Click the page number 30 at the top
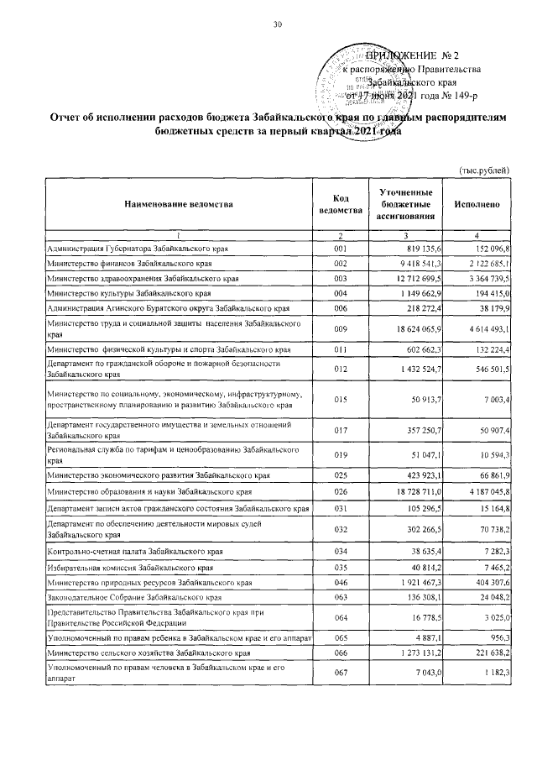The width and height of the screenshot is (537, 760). pos(278,24)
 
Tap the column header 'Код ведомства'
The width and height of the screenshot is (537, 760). pos(340,204)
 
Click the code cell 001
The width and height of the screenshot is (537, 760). pos(340,250)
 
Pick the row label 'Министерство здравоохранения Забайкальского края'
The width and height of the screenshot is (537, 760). pos(143,278)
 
